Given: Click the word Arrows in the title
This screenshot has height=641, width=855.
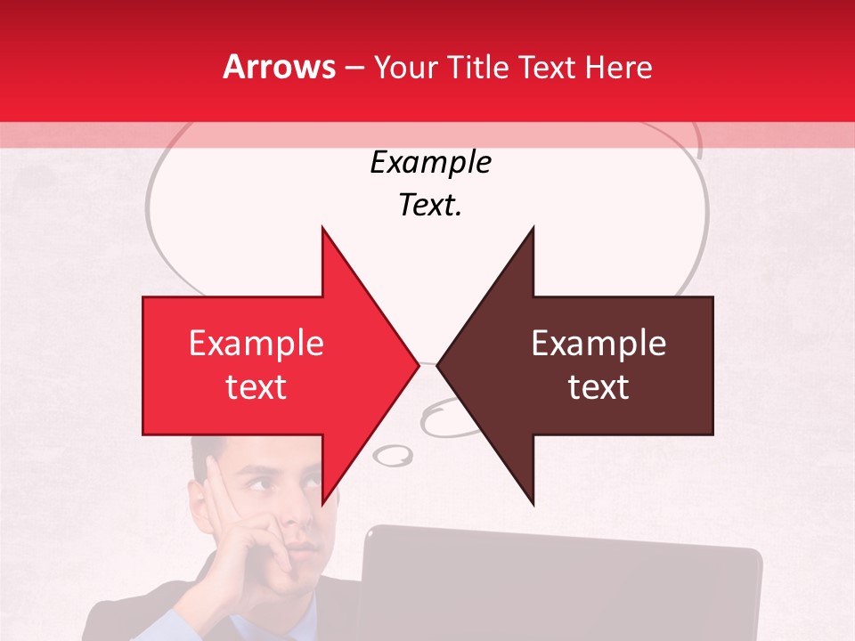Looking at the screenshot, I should (280, 67).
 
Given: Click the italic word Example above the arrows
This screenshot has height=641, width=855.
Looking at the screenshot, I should (431, 163).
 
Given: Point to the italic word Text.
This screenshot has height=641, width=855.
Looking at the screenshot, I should (431, 206).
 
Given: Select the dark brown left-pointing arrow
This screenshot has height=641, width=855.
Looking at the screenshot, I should (588, 365).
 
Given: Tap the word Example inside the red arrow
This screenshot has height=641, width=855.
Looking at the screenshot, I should (256, 344).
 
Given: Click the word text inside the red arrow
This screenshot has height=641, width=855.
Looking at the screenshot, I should (256, 387).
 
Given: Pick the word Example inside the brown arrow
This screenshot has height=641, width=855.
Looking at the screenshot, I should (598, 344).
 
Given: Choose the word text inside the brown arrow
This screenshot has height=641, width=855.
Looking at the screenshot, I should (598, 387).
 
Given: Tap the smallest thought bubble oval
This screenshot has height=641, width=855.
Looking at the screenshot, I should (392, 457).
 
